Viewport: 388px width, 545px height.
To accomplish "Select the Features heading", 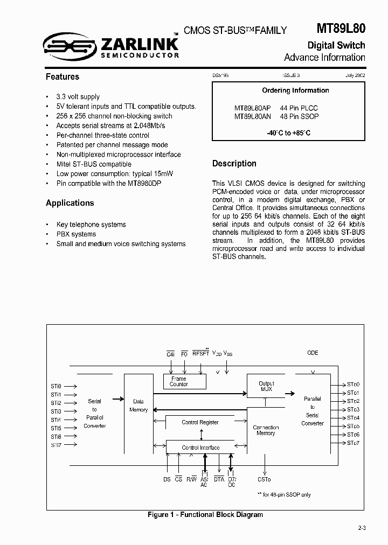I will pyautogui.click(x=63, y=77).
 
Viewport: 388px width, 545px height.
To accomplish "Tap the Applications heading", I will pyautogui.click(x=70, y=203).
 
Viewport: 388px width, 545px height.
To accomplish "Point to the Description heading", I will pyautogui.click(x=234, y=163).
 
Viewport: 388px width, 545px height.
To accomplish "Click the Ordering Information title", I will pyautogui.click(x=295, y=90).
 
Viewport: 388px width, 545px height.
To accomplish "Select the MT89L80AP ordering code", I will pyautogui.click(x=252, y=108).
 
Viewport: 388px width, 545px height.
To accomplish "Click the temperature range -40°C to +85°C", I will pyautogui.click(x=288, y=132).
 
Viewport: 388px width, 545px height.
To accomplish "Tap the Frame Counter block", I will pyautogui.click(x=178, y=381).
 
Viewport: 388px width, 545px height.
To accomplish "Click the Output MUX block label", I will pyautogui.click(x=266, y=387).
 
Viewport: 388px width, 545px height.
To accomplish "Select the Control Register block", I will pyautogui.click(x=200, y=422).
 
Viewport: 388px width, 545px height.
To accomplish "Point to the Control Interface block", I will pyautogui.click(x=200, y=448).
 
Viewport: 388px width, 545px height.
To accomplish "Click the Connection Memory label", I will pyautogui.click(x=266, y=430).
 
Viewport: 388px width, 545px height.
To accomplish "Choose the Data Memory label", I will pyautogui.click(x=138, y=406).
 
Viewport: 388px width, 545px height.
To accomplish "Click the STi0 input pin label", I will pyautogui.click(x=56, y=386).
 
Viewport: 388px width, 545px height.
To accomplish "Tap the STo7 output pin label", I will pyautogui.click(x=353, y=443).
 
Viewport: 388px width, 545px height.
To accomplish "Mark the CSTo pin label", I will pyautogui.click(x=264, y=479).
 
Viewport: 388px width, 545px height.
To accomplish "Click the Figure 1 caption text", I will pyautogui.click(x=205, y=514).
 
